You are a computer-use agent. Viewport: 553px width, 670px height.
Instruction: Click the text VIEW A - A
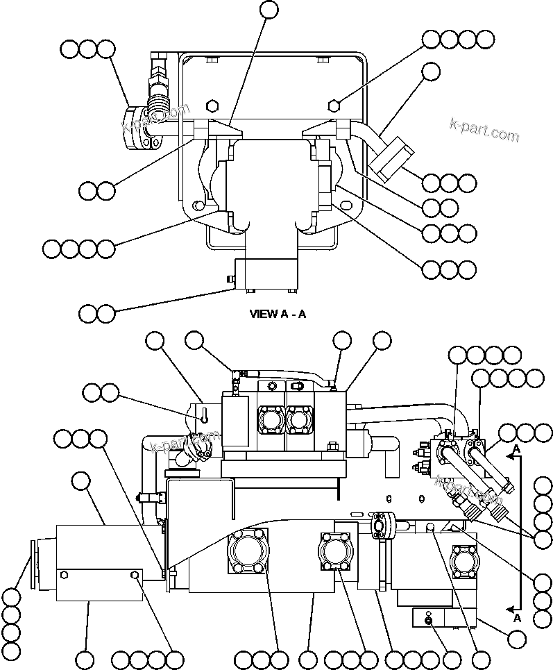click(x=278, y=314)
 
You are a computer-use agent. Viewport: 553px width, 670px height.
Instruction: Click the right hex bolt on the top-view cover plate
click(x=334, y=106)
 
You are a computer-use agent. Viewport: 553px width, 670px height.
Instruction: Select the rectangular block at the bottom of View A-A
click(x=266, y=274)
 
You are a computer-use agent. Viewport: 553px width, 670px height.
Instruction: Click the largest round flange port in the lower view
click(x=246, y=553)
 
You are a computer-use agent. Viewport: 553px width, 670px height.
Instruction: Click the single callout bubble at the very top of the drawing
click(x=269, y=10)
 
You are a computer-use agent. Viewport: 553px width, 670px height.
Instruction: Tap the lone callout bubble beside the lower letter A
click(x=516, y=638)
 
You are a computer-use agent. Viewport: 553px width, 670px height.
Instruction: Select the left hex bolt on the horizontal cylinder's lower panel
click(x=65, y=575)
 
